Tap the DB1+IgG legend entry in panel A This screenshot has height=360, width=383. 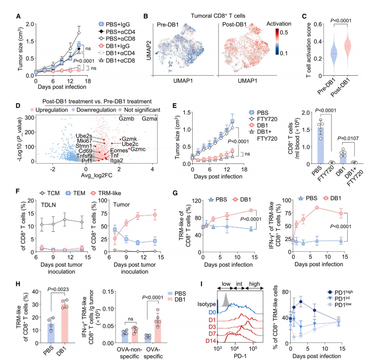(x=118, y=46)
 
